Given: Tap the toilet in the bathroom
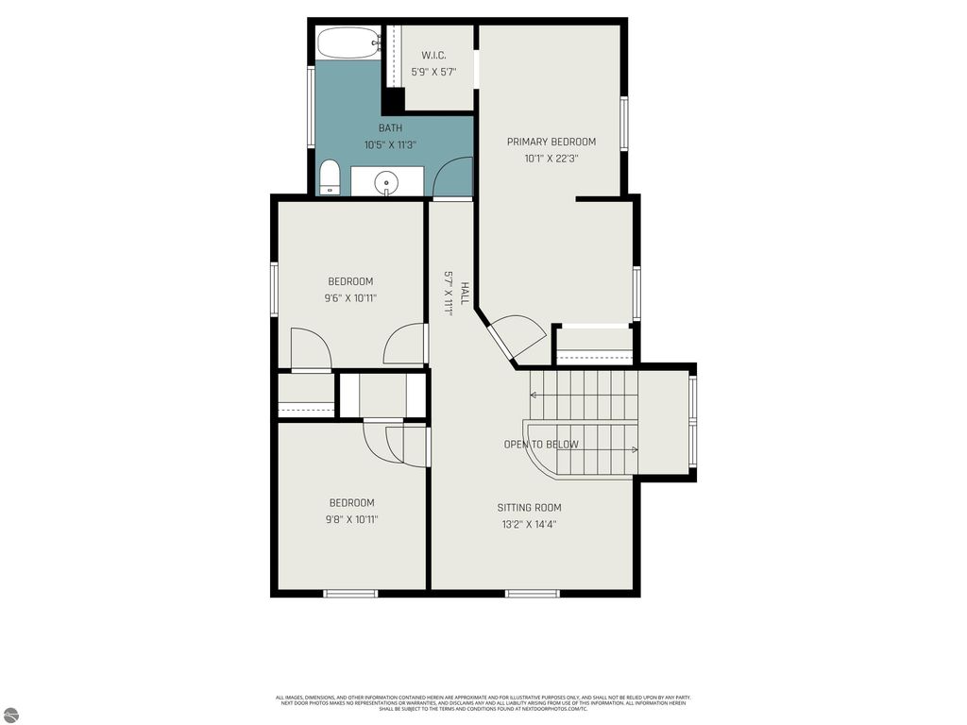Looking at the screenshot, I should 329,177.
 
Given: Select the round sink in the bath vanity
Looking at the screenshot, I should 387,182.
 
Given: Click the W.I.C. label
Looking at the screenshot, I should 434,56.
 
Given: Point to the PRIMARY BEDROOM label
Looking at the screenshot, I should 551,143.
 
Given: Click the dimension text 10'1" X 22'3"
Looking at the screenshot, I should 551,160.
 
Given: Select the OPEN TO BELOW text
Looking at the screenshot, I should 541,445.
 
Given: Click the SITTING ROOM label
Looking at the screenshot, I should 530,508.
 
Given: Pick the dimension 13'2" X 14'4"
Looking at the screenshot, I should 530,525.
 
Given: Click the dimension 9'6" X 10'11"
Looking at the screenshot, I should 350,298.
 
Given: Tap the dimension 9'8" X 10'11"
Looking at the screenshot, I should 351,519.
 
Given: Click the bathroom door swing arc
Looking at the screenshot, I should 452,177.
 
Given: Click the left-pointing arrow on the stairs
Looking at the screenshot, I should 534,396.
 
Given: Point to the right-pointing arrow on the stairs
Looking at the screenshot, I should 635,449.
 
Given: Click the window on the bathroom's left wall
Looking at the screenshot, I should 311,106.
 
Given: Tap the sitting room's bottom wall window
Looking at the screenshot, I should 532,594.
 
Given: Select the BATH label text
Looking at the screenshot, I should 390,127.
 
